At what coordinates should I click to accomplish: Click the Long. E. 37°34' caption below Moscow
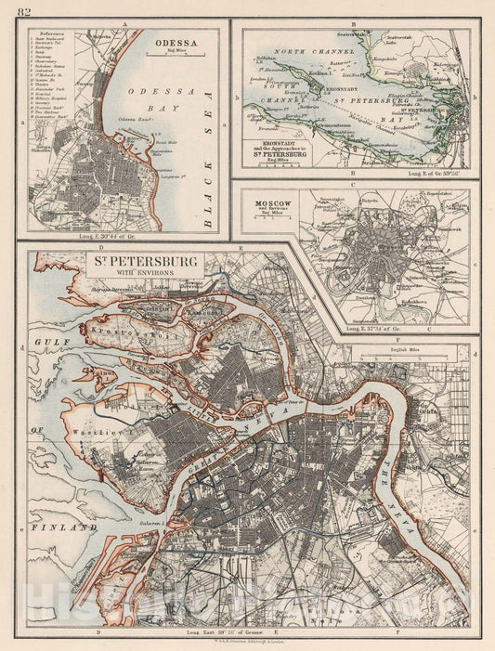coord(375,328)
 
